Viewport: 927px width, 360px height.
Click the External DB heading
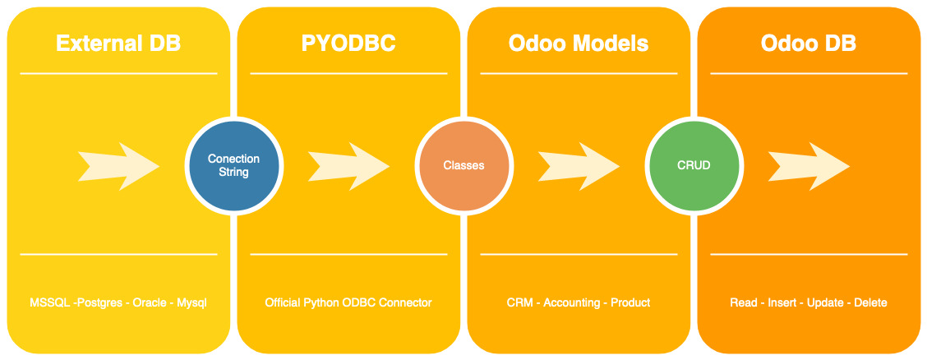coord(118,44)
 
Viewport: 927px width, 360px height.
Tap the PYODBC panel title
coord(348,44)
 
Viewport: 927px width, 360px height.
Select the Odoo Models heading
coord(579,44)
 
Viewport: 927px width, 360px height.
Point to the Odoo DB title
coord(809,44)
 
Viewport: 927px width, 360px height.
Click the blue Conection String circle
coord(233,165)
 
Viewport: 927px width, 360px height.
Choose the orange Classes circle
coord(464,165)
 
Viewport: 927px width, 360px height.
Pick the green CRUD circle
coord(694,165)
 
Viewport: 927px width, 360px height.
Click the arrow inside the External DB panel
coord(119,166)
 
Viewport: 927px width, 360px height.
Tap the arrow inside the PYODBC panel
coord(348,166)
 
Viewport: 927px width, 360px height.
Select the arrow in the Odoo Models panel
coord(579,166)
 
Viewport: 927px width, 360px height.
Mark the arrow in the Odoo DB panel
coord(809,166)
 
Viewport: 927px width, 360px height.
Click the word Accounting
coord(572,303)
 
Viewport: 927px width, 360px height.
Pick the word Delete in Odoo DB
coord(870,302)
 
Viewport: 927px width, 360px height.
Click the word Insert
coord(782,302)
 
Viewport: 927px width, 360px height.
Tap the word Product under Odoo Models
coord(630,302)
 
